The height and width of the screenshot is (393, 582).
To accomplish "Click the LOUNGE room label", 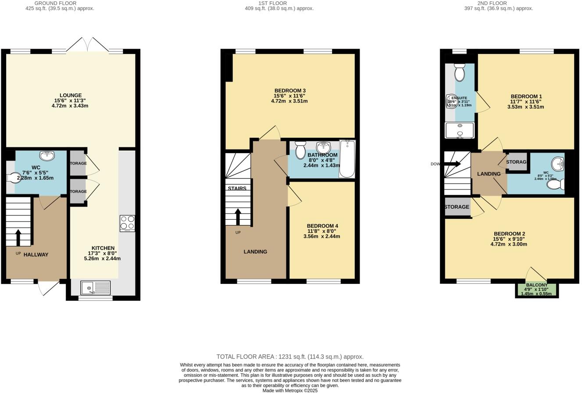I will pyautogui.click(x=71, y=95).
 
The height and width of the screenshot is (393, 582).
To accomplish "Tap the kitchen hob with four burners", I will pyautogui.click(x=127, y=223).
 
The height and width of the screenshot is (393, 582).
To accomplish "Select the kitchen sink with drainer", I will pyautogui.click(x=95, y=288).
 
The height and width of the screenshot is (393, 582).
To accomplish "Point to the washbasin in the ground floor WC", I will pyautogui.click(x=47, y=156).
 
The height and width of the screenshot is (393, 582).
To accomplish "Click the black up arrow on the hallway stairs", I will pyautogui.click(x=18, y=238).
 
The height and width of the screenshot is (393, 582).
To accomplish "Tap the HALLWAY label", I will pyautogui.click(x=36, y=254).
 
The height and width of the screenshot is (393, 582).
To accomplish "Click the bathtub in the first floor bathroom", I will pyautogui.click(x=346, y=159).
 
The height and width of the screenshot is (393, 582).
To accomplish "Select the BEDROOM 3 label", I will pyautogui.click(x=289, y=91).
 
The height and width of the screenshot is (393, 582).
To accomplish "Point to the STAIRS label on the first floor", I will pyautogui.click(x=237, y=189).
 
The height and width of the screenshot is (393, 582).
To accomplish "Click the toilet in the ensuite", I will pyautogui.click(x=459, y=72).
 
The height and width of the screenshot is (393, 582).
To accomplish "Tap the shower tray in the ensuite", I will pyautogui.click(x=460, y=130).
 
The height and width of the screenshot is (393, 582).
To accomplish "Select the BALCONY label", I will pyautogui.click(x=536, y=285).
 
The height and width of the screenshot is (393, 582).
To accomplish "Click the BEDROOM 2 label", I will pyautogui.click(x=509, y=234).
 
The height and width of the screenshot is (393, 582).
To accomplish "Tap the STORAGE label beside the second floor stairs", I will pyautogui.click(x=457, y=207).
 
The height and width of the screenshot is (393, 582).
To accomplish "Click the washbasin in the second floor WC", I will pyautogui.click(x=558, y=164).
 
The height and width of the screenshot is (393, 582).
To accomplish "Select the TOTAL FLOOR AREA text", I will pyautogui.click(x=290, y=357).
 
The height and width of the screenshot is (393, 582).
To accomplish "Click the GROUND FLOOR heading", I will pyautogui.click(x=55, y=3).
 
